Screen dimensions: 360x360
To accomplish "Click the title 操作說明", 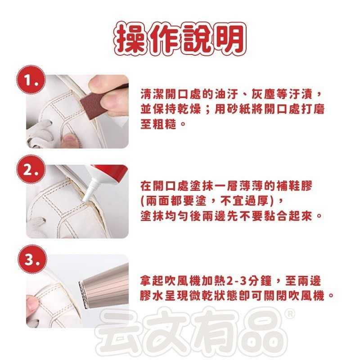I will pos(180,38).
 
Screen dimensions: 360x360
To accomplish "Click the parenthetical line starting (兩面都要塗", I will pos(212,200).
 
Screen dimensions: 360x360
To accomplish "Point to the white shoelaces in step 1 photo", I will pos(38,133).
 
